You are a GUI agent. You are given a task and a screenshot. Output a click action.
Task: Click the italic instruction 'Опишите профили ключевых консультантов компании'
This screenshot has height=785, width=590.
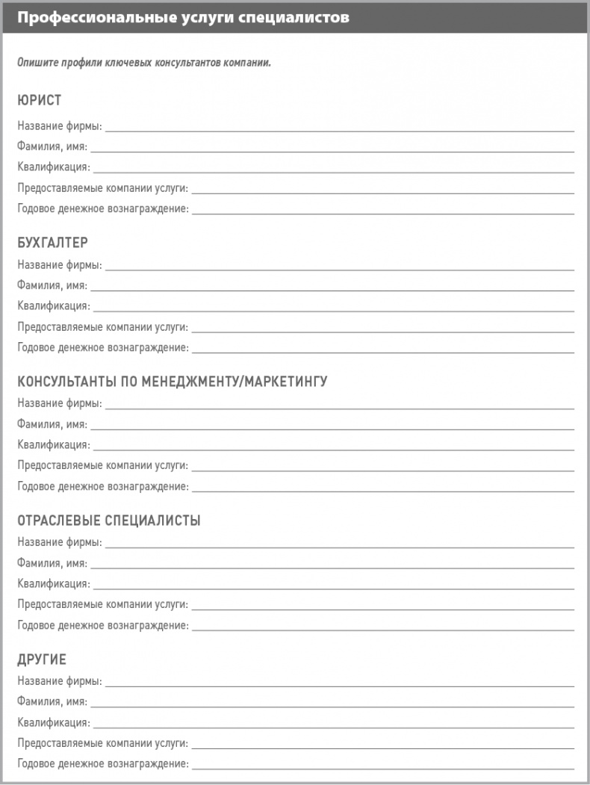click(x=144, y=62)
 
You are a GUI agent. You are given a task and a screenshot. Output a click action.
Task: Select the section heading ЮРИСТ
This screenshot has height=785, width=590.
click(x=39, y=100)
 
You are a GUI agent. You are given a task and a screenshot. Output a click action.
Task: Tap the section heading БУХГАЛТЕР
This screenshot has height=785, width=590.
click(x=52, y=243)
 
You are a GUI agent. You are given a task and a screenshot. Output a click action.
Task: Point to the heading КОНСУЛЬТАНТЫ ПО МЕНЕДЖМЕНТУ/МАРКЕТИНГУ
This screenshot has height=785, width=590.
click(x=173, y=382)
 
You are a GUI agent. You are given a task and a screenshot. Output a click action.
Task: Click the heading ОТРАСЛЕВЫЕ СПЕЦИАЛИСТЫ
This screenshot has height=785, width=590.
click(x=109, y=521)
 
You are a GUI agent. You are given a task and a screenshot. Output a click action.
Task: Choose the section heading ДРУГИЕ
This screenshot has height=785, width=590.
click(x=42, y=660)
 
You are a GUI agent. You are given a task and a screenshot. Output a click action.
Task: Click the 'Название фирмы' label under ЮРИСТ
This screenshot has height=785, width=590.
click(x=60, y=125)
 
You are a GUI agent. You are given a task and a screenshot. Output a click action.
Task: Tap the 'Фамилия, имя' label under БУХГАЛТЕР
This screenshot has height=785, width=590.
click(x=52, y=285)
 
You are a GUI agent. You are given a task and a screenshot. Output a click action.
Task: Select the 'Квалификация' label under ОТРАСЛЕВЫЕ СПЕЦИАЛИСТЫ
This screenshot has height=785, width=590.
click(x=54, y=583)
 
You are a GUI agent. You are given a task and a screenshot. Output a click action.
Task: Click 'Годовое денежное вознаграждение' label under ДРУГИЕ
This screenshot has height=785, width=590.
click(x=103, y=764)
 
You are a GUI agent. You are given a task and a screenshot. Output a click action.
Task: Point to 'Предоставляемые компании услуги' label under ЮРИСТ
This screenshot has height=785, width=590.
click(x=103, y=187)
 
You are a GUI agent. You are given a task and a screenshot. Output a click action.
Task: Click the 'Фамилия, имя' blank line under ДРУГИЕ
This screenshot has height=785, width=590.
click(x=332, y=705)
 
